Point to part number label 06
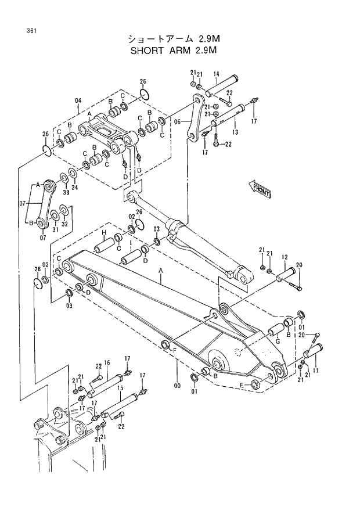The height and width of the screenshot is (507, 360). pyautogui.click(x=178, y=122)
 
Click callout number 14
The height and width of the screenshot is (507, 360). pyautogui.click(x=215, y=74)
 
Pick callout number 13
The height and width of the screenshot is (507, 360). pyautogui.click(x=235, y=132)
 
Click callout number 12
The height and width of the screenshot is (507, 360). pyautogui.click(x=285, y=257)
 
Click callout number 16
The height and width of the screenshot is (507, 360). pyautogui.click(x=106, y=363)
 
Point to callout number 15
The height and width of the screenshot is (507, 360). pyautogui.click(x=120, y=387)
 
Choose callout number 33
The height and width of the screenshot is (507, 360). pyautogui.click(x=66, y=192)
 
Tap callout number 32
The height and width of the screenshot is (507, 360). pyautogui.click(x=64, y=223)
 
